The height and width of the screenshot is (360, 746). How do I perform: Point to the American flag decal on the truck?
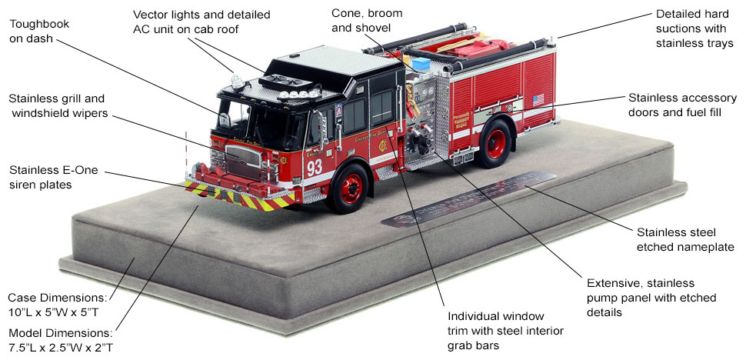[x=538, y=99]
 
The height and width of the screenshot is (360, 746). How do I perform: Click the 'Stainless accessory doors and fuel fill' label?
[x=681, y=106]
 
